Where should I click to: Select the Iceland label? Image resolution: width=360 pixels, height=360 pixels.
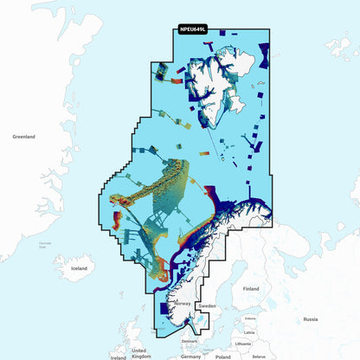79,268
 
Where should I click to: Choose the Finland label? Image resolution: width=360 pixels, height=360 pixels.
251,288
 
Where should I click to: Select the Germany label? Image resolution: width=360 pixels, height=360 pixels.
191,356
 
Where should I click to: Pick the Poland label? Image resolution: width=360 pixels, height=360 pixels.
223,356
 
